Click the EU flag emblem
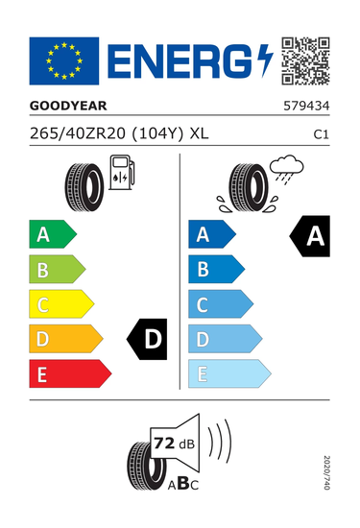click(x=64, y=60)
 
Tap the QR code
click(x=305, y=60)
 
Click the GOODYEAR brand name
click(x=68, y=106)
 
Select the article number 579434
click(x=306, y=106)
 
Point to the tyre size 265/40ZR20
click(x=78, y=133)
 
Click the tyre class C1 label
click(x=321, y=134)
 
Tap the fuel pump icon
click(x=122, y=172)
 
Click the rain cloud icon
click(x=287, y=168)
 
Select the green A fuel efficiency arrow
click(x=53, y=234)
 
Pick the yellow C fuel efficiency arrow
click(x=61, y=304)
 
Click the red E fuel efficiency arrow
click(x=70, y=373)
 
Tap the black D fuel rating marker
click(x=147, y=339)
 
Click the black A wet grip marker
click(x=310, y=236)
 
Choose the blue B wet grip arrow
click(x=217, y=270)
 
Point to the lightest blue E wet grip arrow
click(x=229, y=373)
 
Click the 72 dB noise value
click(x=174, y=444)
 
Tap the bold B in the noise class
click(x=182, y=484)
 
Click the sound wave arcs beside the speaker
click(x=219, y=442)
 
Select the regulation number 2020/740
click(x=326, y=472)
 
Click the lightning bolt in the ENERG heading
click(x=265, y=60)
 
